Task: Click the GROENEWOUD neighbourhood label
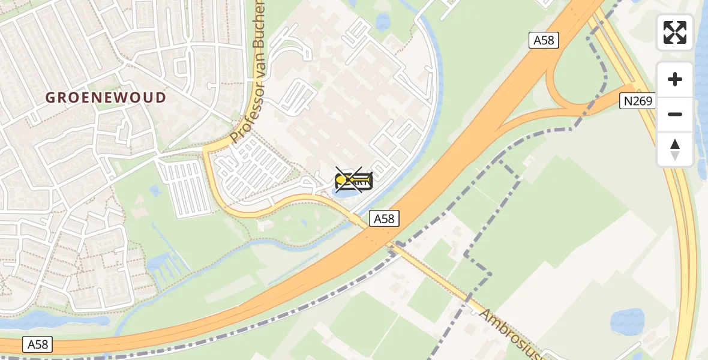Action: (x=106, y=97)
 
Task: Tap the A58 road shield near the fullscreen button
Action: (x=544, y=40)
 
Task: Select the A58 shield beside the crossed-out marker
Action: (x=384, y=218)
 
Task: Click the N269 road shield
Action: (x=637, y=101)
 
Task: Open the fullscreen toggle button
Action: (x=675, y=32)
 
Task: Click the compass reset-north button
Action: (x=675, y=149)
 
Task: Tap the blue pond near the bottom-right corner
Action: (x=627, y=321)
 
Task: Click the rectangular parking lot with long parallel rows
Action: (x=187, y=186)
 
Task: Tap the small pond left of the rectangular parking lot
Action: (x=155, y=191)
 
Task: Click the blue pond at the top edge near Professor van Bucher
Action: (x=382, y=23)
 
